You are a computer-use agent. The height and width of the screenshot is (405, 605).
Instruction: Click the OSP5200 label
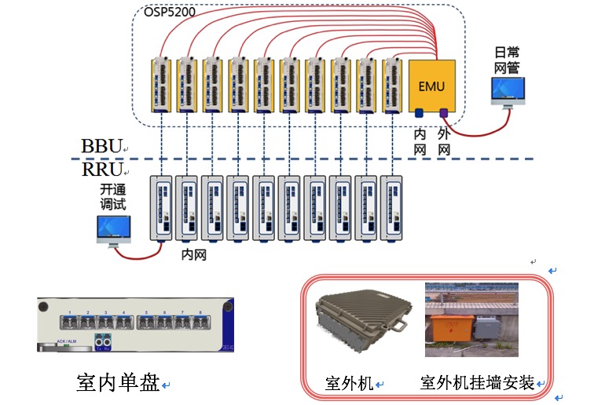point(170,12)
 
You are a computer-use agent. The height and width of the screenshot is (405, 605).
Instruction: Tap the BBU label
point(102,147)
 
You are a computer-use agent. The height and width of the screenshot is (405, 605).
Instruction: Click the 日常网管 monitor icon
point(508,93)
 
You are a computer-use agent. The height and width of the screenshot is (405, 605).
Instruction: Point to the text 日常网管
point(508,60)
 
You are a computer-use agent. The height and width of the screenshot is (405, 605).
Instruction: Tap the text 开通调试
point(113,197)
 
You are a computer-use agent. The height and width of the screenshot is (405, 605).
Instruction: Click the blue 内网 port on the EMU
point(420,113)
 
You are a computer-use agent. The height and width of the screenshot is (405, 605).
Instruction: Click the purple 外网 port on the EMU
point(443,113)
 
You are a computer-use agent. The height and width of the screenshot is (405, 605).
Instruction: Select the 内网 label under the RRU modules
point(193,254)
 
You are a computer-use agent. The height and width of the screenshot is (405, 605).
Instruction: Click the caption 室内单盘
point(119,382)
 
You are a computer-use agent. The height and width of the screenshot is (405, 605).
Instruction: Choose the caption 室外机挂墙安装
point(478,383)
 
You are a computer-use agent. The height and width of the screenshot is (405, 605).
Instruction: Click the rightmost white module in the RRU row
point(392,208)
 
